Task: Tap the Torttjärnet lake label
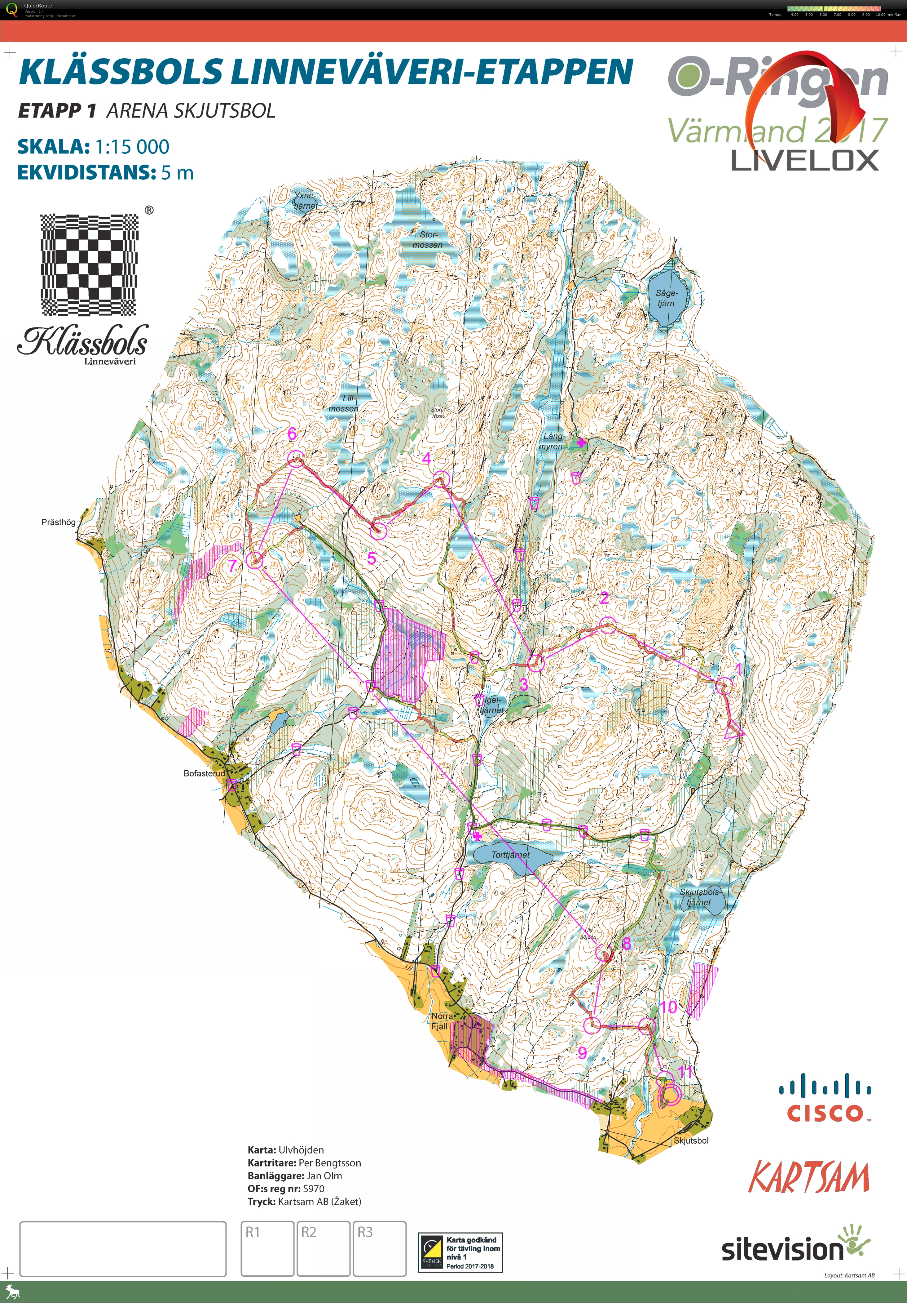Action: (x=510, y=855)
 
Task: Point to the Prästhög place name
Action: (x=59, y=522)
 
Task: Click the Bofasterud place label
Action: (x=204, y=773)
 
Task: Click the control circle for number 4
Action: (x=442, y=479)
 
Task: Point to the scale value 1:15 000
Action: (x=132, y=147)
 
